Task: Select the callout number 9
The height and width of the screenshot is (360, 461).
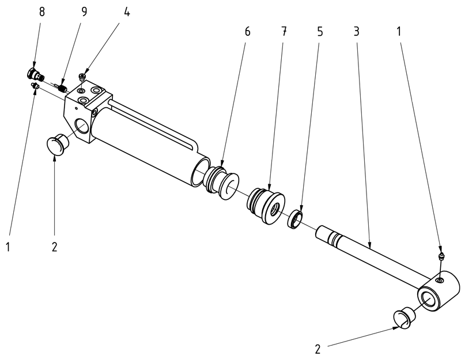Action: pyautogui.click(x=84, y=13)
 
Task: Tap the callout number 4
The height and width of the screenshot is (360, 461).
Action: pyautogui.click(x=126, y=13)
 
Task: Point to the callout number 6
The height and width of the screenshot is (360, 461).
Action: pyautogui.click(x=248, y=32)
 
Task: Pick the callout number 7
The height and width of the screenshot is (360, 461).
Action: pyautogui.click(x=284, y=32)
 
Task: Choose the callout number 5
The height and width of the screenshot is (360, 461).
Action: pyautogui.click(x=320, y=32)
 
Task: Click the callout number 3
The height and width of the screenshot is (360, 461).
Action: pyautogui.click(x=357, y=32)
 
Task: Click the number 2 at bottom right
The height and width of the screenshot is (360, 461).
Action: pyautogui.click(x=318, y=348)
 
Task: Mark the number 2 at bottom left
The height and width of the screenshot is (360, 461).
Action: pyautogui.click(x=55, y=247)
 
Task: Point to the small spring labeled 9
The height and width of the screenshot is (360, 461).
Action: pyautogui.click(x=62, y=87)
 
